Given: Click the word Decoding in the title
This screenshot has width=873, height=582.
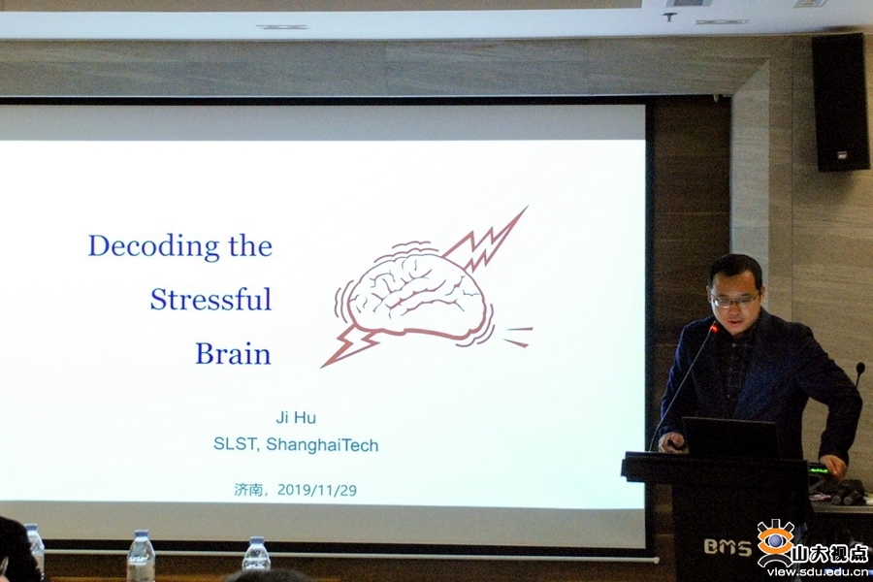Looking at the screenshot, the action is coord(153,246).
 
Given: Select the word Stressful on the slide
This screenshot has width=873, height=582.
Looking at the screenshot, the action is coord(211,299).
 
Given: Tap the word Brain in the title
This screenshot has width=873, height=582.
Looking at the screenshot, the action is coord(233,353).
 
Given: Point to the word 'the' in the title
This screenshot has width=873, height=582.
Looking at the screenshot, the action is coord(250,245).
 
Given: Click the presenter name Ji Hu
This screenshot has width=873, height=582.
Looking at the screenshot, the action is coord(296,417).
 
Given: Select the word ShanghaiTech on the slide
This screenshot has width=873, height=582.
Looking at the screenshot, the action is coord(322,444).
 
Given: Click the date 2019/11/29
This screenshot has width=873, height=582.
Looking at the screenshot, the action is coord(317,490).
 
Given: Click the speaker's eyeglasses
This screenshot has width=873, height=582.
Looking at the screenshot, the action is coord(735,301).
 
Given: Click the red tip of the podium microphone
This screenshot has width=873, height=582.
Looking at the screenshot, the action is coord(714,328).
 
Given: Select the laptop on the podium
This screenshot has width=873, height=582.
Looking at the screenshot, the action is coord(729,437).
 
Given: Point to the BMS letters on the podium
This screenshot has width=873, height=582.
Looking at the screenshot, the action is coord(727,547).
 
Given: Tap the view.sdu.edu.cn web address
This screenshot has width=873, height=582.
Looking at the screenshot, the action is coord(817,572).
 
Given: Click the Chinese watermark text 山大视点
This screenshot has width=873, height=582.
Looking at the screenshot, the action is coord(830,554).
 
